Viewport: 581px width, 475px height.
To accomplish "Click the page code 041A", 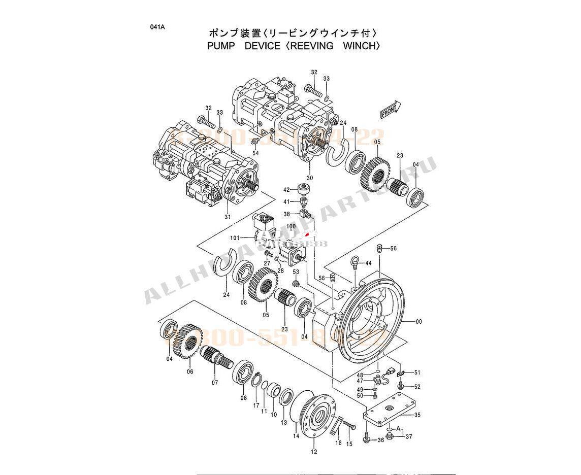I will [157, 27].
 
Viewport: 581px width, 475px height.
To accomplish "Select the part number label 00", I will [418, 322].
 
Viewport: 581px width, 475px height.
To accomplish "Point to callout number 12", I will [314, 452].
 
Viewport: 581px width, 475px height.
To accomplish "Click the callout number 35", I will [417, 415].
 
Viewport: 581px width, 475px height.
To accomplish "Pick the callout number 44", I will [368, 263].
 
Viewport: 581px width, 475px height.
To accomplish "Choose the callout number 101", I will [234, 237].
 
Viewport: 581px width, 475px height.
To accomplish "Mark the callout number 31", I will [228, 217].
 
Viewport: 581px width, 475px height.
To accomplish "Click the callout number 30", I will [310, 178].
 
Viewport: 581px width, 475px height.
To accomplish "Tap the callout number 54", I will [255, 153].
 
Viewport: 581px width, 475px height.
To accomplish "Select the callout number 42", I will [286, 190].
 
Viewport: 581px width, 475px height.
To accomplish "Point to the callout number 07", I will [215, 382].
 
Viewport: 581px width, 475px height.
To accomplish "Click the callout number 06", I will [190, 371].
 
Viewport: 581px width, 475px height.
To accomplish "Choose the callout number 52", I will [417, 387].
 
